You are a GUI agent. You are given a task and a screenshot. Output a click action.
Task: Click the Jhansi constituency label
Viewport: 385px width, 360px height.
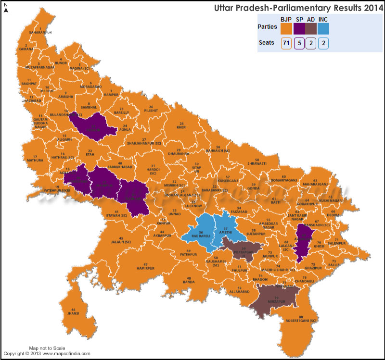click(x=73, y=313)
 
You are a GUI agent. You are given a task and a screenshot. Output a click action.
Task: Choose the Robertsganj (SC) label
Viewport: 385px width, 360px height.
click(x=301, y=320)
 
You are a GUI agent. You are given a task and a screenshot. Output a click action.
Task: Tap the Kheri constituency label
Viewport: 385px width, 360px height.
click(x=182, y=128)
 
